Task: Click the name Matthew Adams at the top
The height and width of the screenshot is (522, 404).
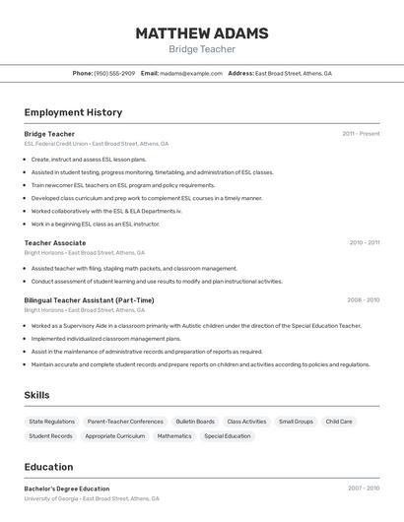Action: [x=201, y=33]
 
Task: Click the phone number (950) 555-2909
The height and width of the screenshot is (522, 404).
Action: [x=114, y=73]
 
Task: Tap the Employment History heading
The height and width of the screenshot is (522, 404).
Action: [x=73, y=112]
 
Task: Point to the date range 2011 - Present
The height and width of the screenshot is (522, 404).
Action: [x=361, y=134]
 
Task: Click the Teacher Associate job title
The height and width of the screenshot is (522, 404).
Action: [x=55, y=242]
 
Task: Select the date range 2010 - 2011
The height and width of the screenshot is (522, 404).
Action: [x=364, y=242]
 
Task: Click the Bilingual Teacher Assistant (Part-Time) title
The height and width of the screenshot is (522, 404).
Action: [x=89, y=300]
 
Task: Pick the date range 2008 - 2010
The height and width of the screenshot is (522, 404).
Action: [x=363, y=300]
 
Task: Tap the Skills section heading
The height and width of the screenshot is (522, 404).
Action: [x=37, y=395]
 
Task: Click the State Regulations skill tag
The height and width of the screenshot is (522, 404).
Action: [x=51, y=422]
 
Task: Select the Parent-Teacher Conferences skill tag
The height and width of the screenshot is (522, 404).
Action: [x=125, y=422]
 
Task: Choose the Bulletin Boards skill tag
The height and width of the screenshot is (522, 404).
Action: [x=195, y=422]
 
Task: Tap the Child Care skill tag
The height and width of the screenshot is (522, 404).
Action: [x=339, y=422]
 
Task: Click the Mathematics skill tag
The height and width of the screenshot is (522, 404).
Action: [x=174, y=435]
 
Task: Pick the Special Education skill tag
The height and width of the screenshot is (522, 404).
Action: [x=228, y=435]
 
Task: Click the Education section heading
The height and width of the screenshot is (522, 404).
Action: [x=48, y=467]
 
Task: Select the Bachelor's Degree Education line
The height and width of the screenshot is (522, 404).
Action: [x=67, y=489]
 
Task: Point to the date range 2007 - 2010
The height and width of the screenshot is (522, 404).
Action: [x=363, y=489]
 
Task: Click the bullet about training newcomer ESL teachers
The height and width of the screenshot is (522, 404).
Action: [x=122, y=185]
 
